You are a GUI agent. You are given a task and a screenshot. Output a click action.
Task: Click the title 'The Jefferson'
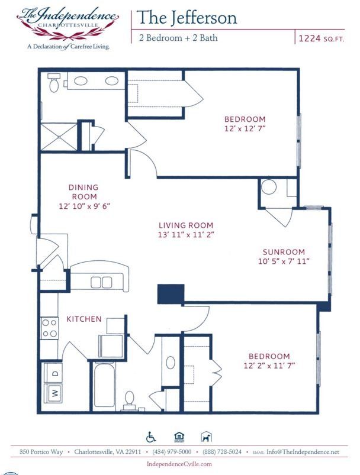tap(187, 18)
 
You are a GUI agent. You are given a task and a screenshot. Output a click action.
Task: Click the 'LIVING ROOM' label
tap(185, 225)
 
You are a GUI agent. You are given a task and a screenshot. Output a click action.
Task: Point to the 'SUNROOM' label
tap(285, 251)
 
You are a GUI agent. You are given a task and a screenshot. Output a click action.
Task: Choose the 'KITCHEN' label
tap(83, 319)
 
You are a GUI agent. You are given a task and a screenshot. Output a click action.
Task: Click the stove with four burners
tap(50, 328)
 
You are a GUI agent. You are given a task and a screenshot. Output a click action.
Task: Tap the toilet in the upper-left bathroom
tap(55, 84)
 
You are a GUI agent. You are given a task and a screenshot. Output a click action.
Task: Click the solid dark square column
tap(171, 294)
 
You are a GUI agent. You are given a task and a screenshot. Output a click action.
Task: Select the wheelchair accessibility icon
tap(151, 437)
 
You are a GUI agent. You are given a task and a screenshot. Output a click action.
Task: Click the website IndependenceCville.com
tap(179, 464)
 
